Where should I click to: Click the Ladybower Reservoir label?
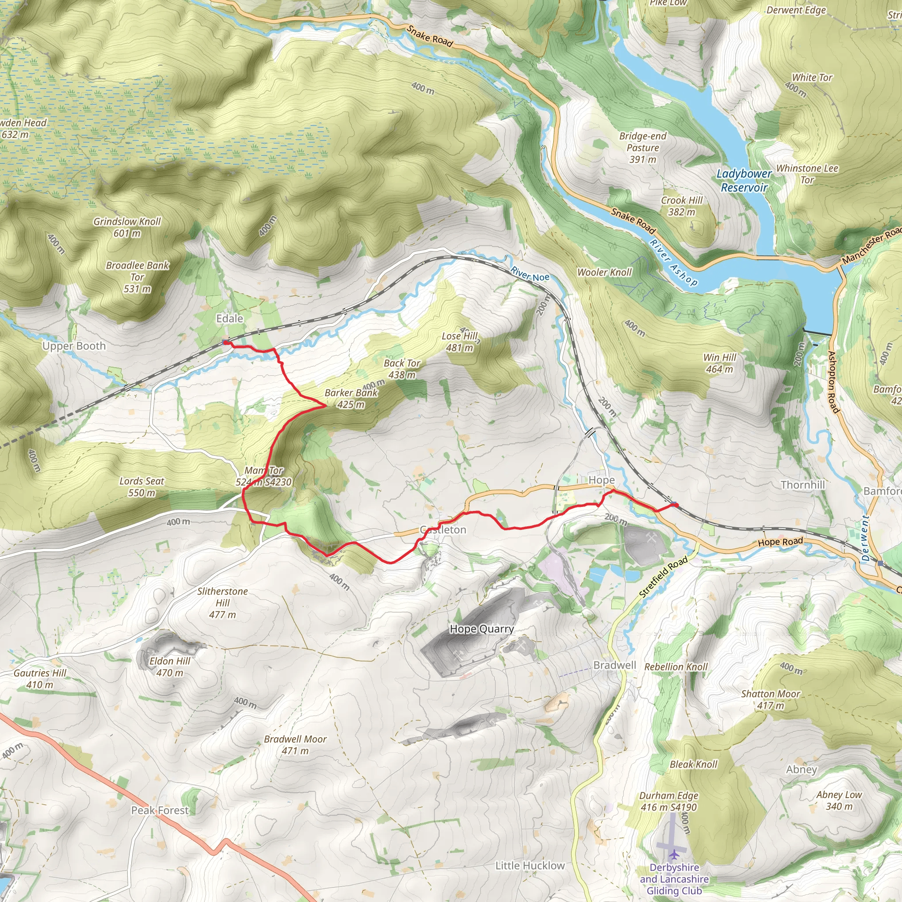pos(744,181)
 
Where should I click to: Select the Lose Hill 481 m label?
pos(460,342)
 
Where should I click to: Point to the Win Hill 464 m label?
pos(720,363)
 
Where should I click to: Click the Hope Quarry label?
pos(481,629)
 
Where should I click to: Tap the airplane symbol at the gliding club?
pos(674,854)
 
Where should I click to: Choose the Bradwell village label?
pos(614,665)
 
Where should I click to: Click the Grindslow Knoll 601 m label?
pos(127,227)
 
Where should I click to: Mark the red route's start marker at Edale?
pos(225,343)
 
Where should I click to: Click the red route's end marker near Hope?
pos(675,504)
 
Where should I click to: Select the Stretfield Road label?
pos(663,577)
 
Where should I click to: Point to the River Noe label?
pos(530,274)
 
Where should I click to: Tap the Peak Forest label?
pos(160,810)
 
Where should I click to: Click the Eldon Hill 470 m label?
pos(170,667)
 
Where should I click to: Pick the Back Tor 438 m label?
pos(402,369)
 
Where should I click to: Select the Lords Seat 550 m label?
pos(142,487)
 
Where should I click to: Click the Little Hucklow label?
pos(530,865)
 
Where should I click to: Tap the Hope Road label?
pos(780,542)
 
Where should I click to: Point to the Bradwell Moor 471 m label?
pos(295,745)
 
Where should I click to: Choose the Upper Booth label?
pos(74,346)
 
